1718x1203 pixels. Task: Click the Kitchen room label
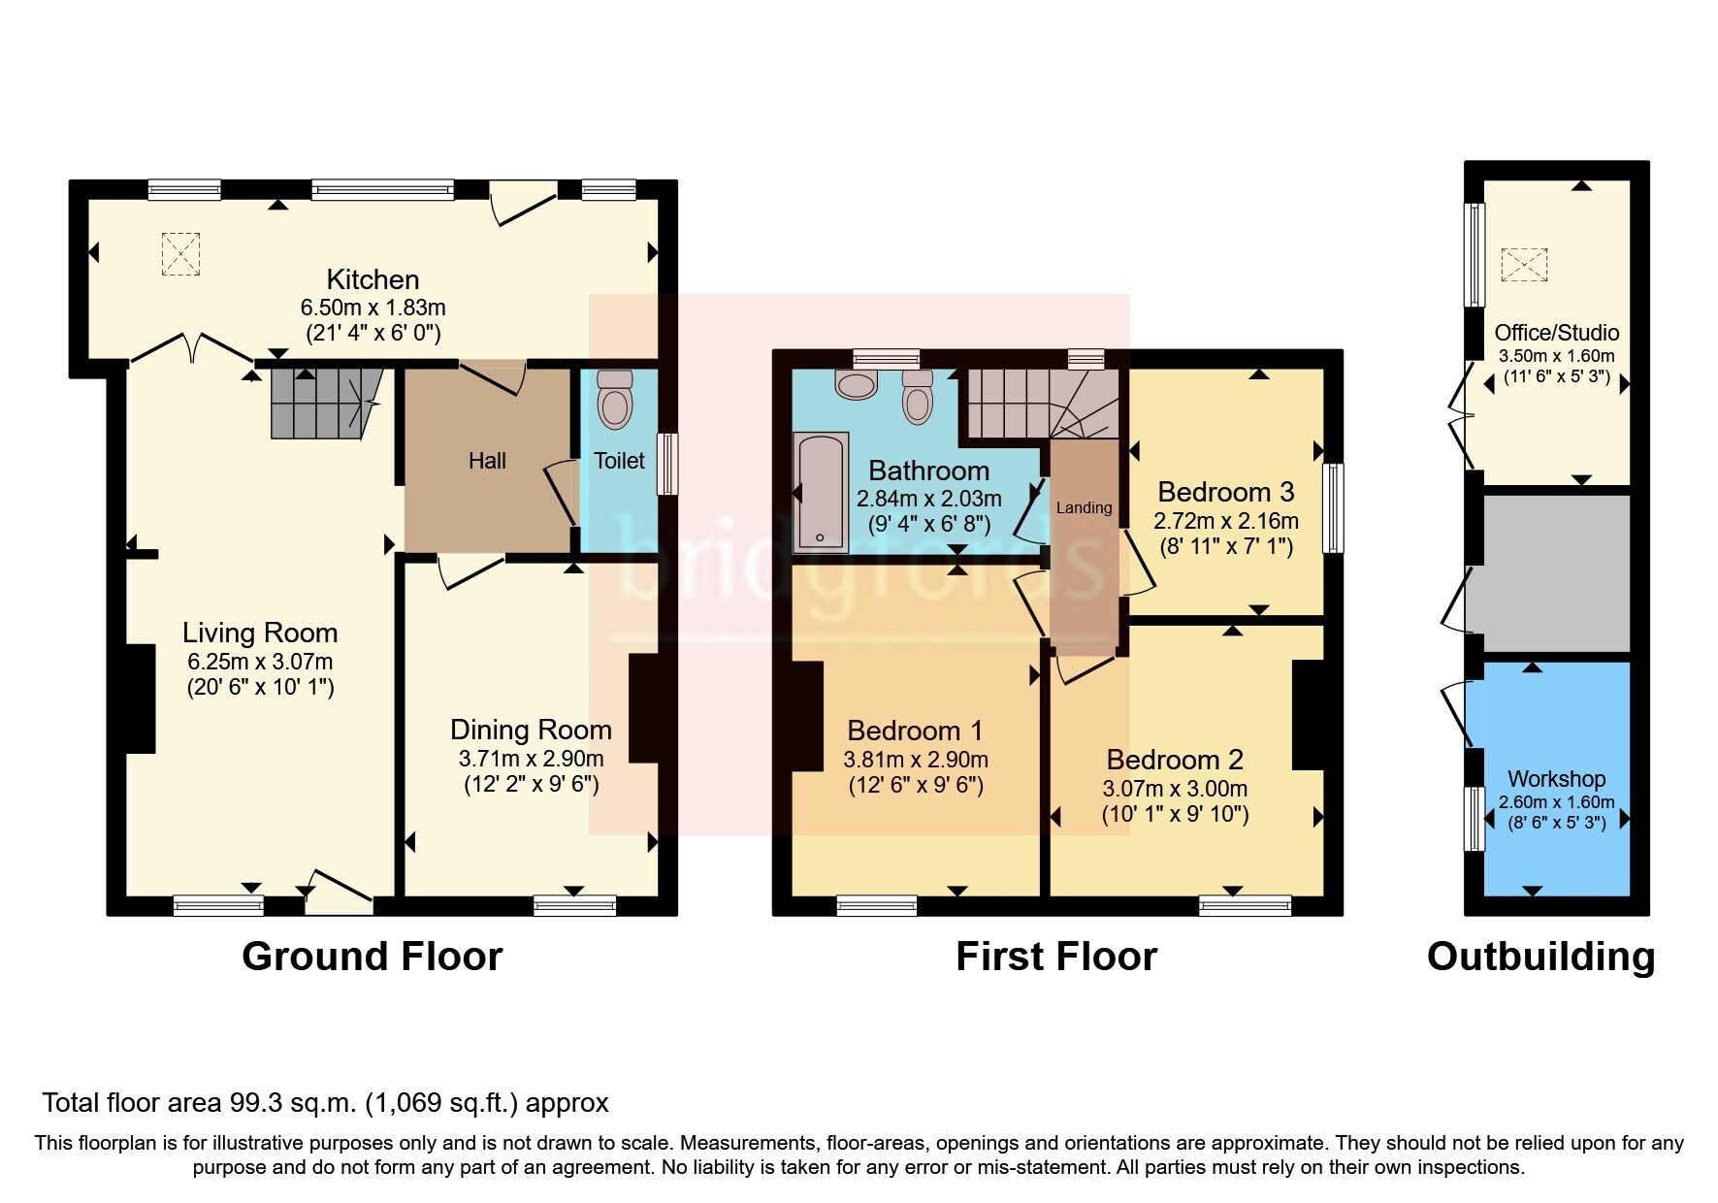[373, 280]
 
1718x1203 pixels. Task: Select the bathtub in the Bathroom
[821, 492]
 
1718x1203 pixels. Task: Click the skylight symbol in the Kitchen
[180, 254]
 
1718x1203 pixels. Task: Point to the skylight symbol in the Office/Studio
[1524, 265]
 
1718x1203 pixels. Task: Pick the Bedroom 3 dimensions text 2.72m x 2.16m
[1226, 521]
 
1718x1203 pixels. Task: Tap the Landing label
[1084, 507]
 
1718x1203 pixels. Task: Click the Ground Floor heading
[372, 957]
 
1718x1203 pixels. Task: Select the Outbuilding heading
[1540, 957]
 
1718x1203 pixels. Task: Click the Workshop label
[1556, 779]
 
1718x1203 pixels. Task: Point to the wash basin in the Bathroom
[856, 386]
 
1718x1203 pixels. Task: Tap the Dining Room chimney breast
[644, 709]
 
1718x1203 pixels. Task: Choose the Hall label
[487, 461]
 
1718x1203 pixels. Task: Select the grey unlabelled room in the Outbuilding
[1556, 573]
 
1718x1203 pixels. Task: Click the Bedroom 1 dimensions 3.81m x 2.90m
[916, 760]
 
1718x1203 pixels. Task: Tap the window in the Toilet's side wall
[667, 464]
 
